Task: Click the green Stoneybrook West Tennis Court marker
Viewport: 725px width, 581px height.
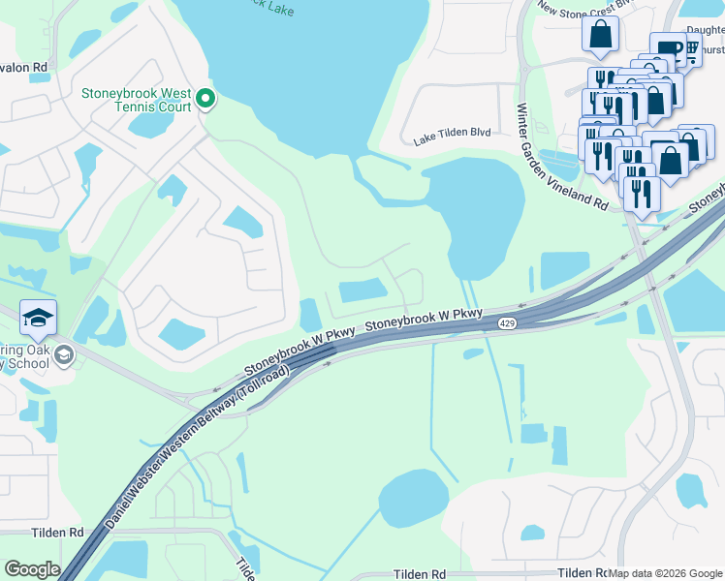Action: (205, 98)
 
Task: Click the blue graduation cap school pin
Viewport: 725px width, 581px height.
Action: (39, 319)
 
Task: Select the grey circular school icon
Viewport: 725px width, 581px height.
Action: (64, 353)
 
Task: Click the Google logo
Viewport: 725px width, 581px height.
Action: (32, 568)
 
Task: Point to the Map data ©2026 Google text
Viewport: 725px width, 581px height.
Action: (666, 573)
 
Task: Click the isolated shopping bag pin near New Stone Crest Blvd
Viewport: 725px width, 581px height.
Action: (600, 35)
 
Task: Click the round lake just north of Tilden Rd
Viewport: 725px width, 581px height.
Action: (414, 498)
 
